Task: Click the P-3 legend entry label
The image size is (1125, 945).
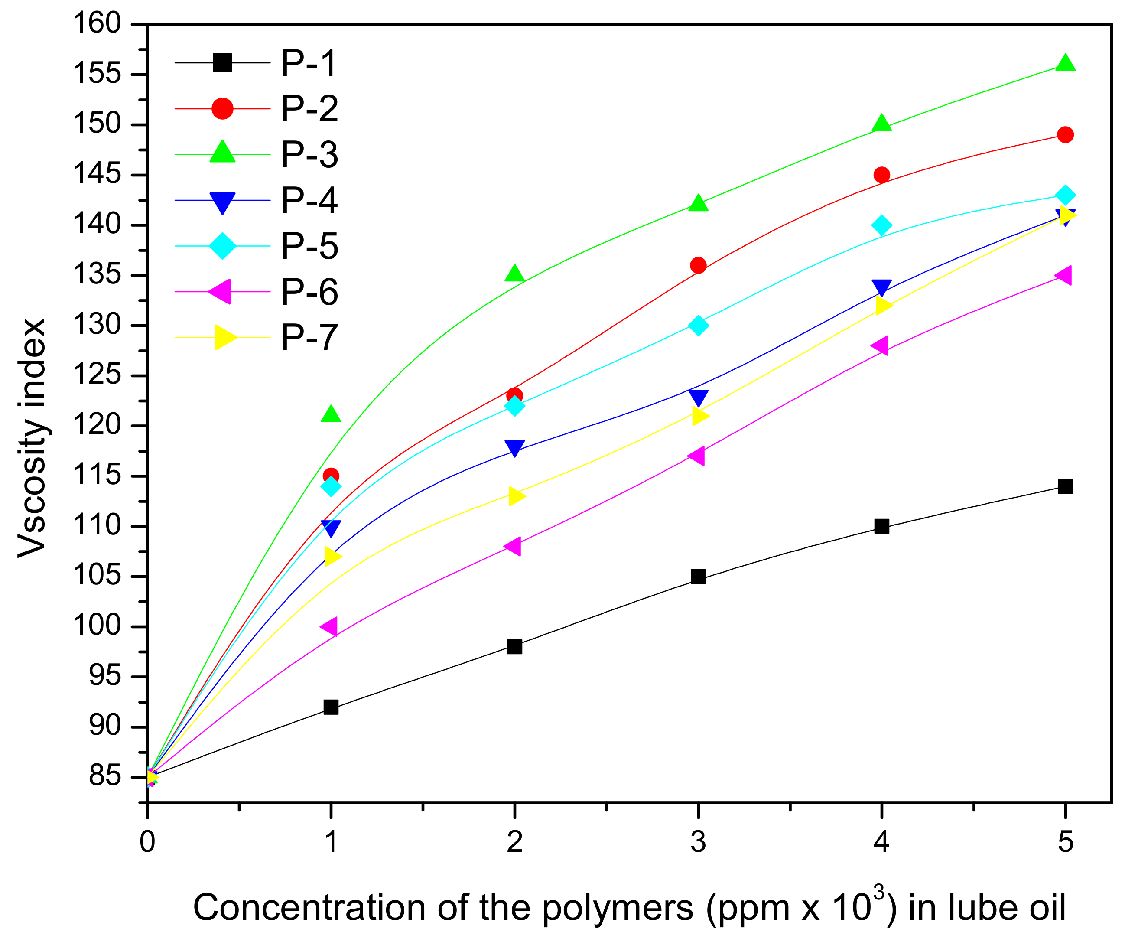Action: click(310, 155)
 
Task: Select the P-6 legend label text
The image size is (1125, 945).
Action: click(310, 292)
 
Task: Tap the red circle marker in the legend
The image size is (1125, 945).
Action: click(222, 109)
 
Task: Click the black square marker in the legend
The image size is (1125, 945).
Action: click(222, 63)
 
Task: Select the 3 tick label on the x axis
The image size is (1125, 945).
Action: click(698, 842)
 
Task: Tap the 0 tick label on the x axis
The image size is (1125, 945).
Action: click(147, 842)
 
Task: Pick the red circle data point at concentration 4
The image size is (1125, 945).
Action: click(882, 175)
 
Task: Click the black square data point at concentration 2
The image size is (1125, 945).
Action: click(514, 646)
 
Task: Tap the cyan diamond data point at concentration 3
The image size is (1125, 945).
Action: click(698, 326)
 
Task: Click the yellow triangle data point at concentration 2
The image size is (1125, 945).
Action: click(516, 496)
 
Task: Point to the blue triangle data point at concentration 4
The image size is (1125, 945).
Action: click(882, 287)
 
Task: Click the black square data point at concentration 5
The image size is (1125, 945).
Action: click(1066, 486)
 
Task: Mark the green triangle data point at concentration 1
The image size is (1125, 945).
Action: click(331, 414)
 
